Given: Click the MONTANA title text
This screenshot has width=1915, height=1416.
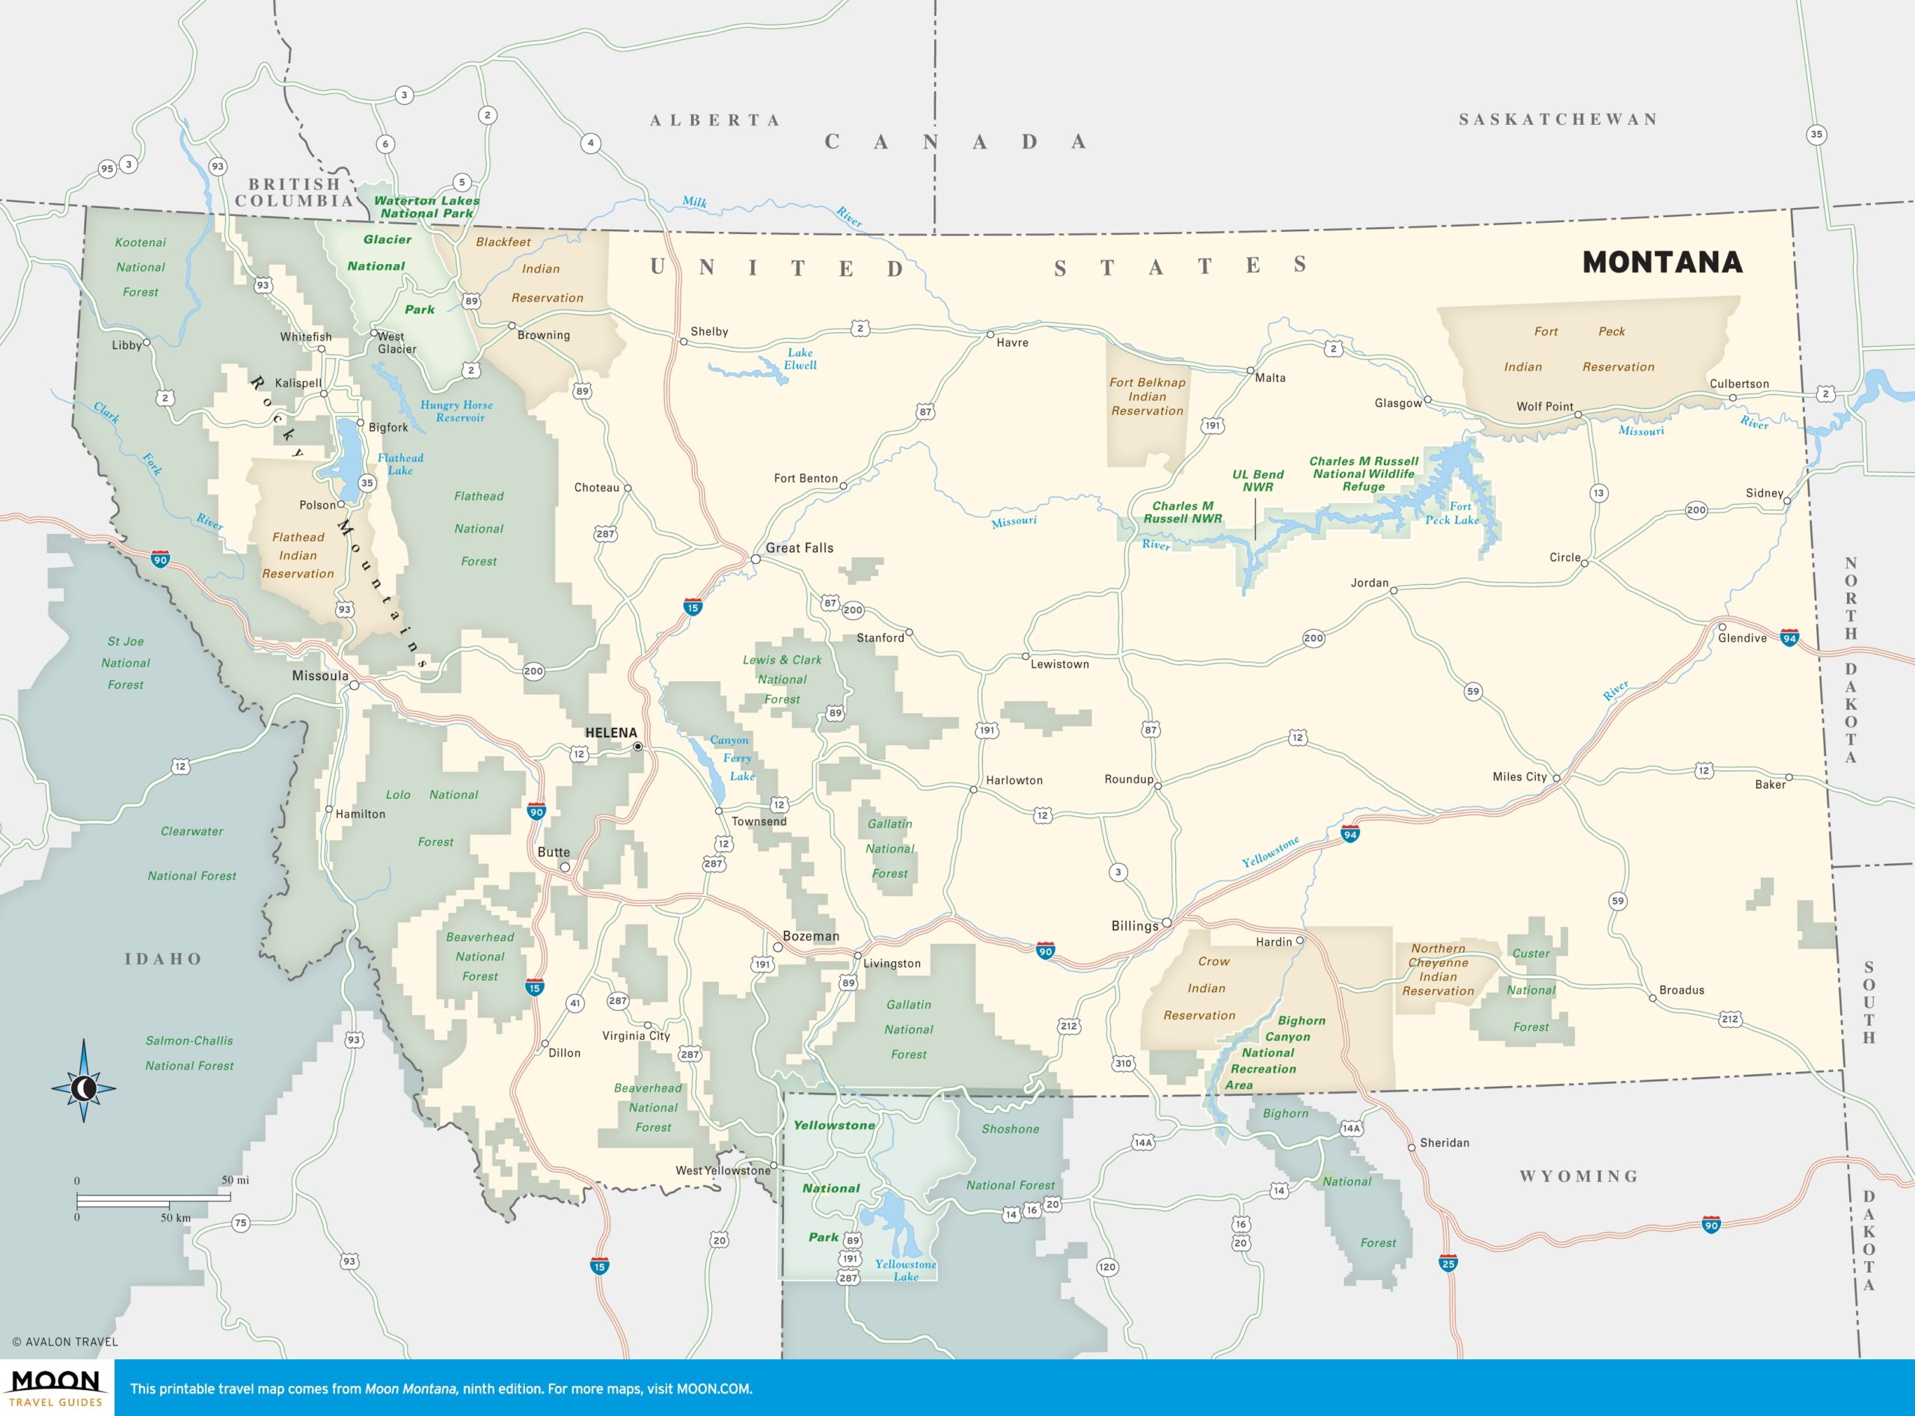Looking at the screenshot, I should click(1661, 263).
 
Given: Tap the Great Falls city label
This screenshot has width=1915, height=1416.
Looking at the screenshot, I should click(799, 548).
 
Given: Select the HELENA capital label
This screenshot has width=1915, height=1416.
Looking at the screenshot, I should click(610, 733).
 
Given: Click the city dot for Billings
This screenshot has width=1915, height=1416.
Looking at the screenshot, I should click(1167, 923).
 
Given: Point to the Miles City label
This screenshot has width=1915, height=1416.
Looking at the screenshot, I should click(1519, 776).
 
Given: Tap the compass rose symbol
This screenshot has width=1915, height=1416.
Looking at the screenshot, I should click(84, 1088).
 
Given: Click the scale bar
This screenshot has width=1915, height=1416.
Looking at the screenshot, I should click(154, 1198).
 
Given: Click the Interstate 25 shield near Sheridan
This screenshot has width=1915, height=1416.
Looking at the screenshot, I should click(1447, 1263).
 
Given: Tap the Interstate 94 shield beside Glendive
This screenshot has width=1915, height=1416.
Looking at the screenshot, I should click(1789, 639).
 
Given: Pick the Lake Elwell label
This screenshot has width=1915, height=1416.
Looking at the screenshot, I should click(800, 358).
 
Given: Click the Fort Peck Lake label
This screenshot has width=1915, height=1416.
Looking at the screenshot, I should click(1452, 512).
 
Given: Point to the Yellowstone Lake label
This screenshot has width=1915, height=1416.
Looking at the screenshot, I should click(905, 1270).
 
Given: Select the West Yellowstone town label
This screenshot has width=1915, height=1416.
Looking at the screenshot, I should click(722, 1170).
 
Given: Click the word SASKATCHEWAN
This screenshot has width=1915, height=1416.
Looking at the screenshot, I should click(1557, 119).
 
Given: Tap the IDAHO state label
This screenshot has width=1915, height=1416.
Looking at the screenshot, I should click(163, 958).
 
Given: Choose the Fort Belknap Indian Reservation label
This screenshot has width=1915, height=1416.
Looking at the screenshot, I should click(1147, 396).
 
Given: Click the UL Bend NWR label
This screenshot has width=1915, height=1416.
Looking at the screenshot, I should click(1257, 480).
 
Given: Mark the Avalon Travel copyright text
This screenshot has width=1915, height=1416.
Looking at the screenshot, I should click(65, 1341).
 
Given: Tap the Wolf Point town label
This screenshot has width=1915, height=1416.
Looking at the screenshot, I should click(1545, 406).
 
